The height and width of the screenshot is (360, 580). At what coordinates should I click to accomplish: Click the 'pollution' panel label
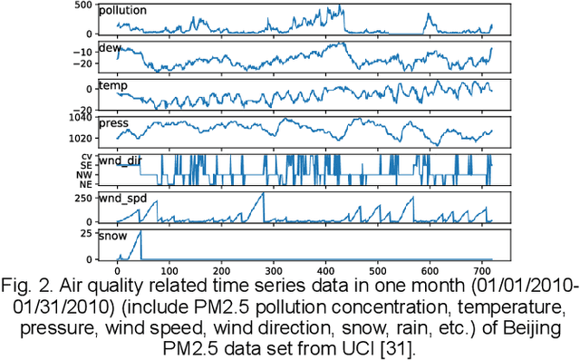[124, 11]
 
